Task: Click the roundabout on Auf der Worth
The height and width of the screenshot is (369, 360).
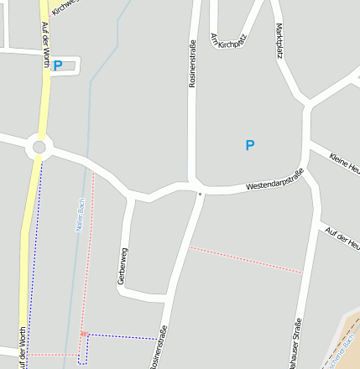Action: tap(38, 148)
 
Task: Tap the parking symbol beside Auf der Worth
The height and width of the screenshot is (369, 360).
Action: tap(58, 65)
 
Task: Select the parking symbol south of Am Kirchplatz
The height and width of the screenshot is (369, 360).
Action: tap(249, 145)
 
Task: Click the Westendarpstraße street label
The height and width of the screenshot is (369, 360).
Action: tap(274, 179)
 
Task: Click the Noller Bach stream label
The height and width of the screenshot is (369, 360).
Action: tap(81, 215)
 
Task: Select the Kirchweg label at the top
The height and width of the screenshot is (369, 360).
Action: tap(64, 7)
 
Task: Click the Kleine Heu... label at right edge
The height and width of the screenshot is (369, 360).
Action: tap(344, 161)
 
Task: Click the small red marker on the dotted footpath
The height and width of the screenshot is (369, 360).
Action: tap(83, 334)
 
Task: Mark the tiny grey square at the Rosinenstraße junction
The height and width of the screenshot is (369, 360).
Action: tap(200, 194)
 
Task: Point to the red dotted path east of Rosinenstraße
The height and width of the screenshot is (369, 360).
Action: tap(245, 259)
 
